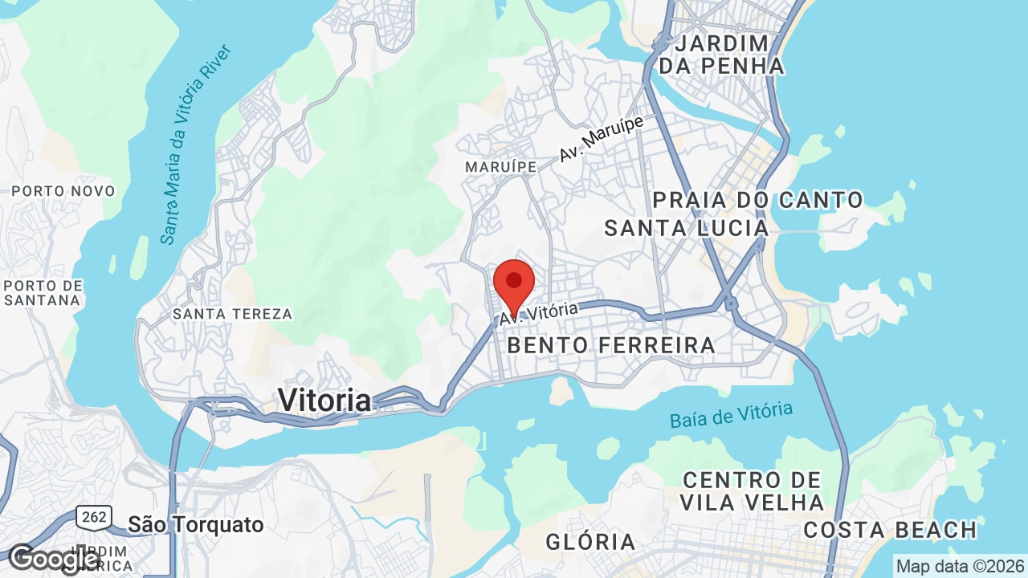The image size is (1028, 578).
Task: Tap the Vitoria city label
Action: [x=324, y=400]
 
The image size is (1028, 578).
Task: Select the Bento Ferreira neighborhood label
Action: [x=611, y=346]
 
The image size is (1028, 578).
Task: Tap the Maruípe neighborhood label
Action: [x=500, y=166]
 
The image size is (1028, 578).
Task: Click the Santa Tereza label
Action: [x=232, y=314]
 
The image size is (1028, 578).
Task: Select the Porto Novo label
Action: [x=63, y=191]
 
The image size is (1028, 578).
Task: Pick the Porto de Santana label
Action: [x=43, y=293]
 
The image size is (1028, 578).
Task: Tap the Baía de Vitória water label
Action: [x=731, y=415]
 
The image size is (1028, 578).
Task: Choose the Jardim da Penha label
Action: [x=721, y=55]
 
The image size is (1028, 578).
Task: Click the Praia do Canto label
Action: [x=757, y=200]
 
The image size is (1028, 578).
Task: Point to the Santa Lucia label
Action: [x=686, y=229]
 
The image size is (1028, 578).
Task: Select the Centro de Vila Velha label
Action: [x=752, y=491]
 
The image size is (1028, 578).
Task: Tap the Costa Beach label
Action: [x=890, y=531]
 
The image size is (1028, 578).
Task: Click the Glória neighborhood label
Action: [x=590, y=542]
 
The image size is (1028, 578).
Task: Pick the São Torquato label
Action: [x=196, y=525]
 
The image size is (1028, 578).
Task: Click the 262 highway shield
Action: [x=94, y=517]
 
